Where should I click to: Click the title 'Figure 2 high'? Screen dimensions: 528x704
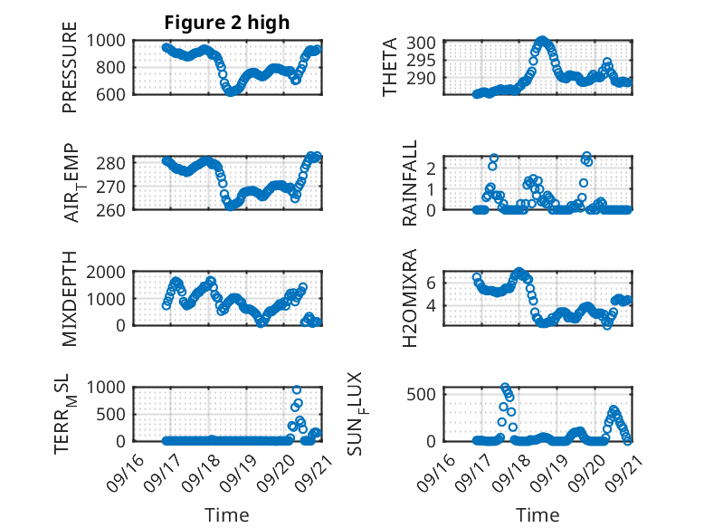(x=226, y=23)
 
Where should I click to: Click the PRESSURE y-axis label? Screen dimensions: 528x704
(x=71, y=67)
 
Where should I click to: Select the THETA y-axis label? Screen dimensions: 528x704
(x=390, y=67)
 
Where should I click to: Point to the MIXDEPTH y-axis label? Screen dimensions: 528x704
(x=71, y=299)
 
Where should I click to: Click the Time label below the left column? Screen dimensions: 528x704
(x=226, y=515)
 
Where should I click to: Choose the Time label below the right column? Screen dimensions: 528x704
(x=538, y=515)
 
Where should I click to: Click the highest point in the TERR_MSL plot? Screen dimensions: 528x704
(x=297, y=389)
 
